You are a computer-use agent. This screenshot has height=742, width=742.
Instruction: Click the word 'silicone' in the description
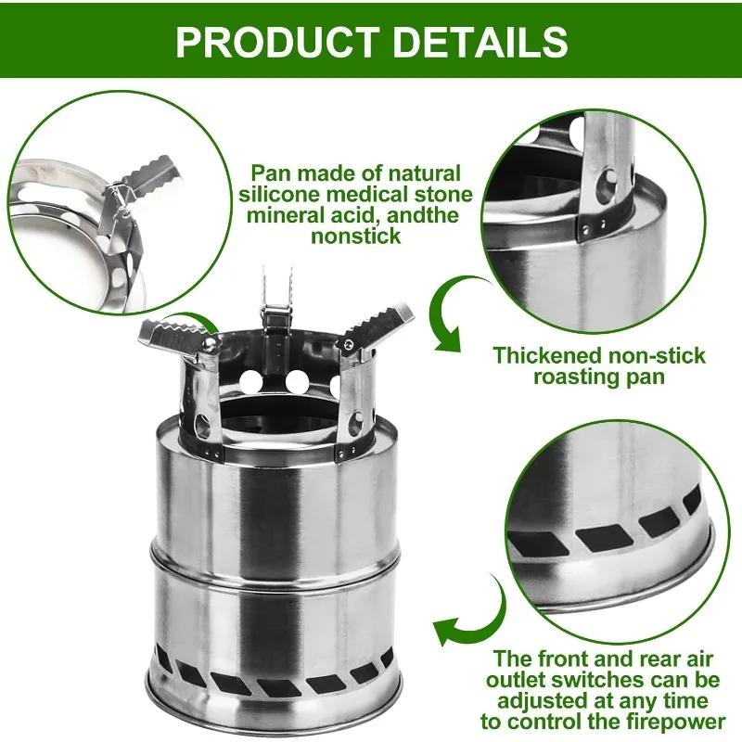click(283, 195)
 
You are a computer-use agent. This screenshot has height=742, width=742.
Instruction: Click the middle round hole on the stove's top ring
click(296, 381)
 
